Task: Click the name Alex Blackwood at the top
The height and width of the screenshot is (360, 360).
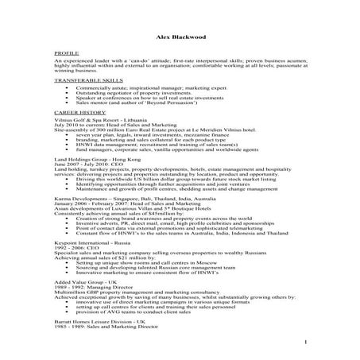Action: (x=180, y=38)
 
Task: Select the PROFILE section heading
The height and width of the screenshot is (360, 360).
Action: (x=66, y=53)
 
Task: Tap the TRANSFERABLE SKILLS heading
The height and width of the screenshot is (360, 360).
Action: (x=87, y=80)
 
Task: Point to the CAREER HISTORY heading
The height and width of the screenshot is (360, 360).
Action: (x=79, y=111)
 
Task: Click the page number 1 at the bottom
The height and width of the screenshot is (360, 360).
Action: (x=305, y=343)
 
